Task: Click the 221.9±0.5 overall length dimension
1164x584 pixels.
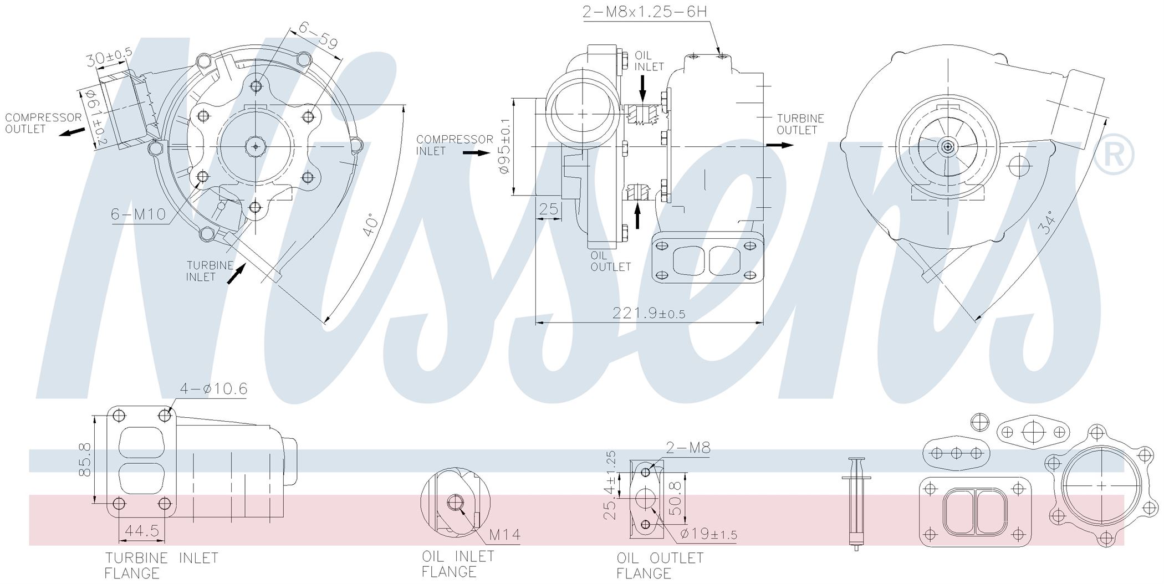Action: pos(649,313)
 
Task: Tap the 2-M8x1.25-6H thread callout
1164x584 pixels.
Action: pos(645,12)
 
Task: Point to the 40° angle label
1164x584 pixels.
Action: pos(371,226)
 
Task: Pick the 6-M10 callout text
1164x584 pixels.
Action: pos(139,214)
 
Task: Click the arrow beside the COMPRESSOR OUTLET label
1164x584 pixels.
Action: pos(73,132)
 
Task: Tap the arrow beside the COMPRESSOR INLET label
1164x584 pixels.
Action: pos(476,152)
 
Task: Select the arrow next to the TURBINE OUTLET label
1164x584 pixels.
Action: pos(780,145)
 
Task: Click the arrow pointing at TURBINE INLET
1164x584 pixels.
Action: pos(237,274)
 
